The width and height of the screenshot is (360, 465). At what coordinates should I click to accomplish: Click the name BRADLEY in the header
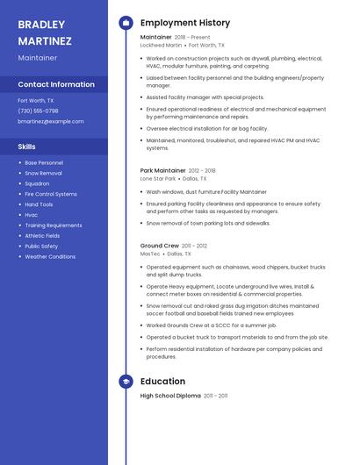coord(41,25)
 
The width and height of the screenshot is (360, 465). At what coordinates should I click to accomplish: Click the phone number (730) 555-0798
coord(38,111)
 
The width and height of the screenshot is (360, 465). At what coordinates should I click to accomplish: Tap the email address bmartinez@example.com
coord(50,121)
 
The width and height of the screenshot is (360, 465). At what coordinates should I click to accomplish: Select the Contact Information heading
coord(56,85)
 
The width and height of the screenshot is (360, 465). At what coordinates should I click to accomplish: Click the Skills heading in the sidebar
coord(27,147)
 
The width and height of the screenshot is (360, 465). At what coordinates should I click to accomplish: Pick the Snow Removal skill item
coord(43,174)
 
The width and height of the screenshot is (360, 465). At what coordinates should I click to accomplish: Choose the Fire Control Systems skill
coord(51,194)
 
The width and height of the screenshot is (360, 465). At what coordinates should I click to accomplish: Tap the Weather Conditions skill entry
coord(50,257)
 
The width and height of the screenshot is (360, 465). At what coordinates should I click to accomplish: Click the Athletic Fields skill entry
coord(42,236)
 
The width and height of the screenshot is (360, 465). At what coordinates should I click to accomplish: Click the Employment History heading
coord(184,23)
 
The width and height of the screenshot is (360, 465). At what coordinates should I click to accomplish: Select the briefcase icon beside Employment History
coord(126,23)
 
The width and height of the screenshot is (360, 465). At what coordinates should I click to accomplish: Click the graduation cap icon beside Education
coord(126,382)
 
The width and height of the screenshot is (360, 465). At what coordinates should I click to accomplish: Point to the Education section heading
coord(162,382)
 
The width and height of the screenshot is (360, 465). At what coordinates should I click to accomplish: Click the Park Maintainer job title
coord(163,170)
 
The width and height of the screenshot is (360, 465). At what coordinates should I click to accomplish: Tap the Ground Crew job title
coord(159,246)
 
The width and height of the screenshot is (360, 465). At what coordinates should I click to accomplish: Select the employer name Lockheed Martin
coord(161,45)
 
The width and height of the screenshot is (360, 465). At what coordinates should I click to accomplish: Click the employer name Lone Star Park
coord(158,178)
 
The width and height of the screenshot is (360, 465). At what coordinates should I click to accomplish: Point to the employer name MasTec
coord(150,254)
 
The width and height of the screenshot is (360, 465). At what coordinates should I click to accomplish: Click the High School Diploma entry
coord(170,397)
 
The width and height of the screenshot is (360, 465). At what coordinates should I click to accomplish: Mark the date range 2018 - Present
coord(192,38)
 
